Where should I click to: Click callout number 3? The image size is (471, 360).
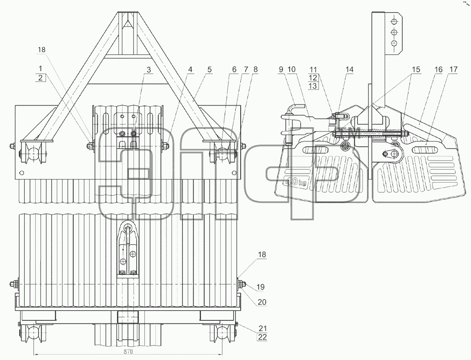pos(149,70)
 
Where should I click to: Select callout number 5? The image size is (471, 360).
pos(210,69)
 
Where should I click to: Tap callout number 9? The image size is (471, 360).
pos(281,69)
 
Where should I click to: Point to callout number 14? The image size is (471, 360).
pos(349,69)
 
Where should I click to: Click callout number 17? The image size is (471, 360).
pos(453,69)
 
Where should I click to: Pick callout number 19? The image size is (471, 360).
pos(261,287)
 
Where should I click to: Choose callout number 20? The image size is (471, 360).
pos(262,302)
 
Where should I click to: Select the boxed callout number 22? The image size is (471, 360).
pos(262,337)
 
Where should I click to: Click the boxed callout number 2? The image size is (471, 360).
pos(40,78)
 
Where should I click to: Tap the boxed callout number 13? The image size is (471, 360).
pos(313,86)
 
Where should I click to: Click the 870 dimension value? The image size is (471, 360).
pos(128,351)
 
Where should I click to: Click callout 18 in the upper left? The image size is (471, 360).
pos(42,50)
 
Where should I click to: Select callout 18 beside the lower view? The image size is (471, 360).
pos(262,254)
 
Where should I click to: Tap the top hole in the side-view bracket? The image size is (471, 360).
pos(394,21)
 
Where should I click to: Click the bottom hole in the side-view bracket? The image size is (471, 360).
pos(394,43)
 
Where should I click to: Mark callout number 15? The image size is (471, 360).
pos(416,69)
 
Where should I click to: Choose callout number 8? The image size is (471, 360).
pos(256,69)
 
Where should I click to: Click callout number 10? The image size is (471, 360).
pos(291,69)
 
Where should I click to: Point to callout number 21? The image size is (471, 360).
pos(263,328)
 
